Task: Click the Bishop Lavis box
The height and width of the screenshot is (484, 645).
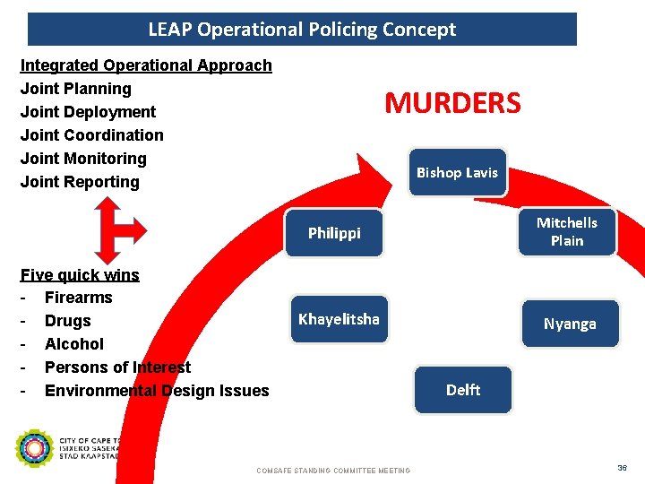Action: pos(457,172)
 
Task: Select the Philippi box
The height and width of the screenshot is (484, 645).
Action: pos(334,233)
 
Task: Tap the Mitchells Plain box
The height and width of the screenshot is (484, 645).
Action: pos(566,231)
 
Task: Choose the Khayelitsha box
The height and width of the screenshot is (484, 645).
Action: pos(339,319)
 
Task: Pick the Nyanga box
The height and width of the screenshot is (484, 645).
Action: pos(569,324)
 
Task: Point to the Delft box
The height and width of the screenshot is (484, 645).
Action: pos(463,390)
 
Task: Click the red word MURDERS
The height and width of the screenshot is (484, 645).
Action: pos(452,103)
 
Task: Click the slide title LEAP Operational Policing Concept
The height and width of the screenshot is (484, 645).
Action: pos(302,30)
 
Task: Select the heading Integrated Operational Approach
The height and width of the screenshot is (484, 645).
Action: pos(146,65)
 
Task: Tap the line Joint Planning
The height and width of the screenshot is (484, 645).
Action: pos(76,89)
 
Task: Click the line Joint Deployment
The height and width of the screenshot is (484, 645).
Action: pos(88,112)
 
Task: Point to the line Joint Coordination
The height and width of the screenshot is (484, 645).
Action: pos(92,135)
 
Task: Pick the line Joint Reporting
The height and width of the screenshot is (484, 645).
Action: pos(80,182)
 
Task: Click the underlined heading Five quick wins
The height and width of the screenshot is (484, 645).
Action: pos(80,275)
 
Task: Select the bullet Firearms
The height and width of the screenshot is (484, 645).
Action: pos(79,298)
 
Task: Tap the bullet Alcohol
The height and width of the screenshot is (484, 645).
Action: pos(74,344)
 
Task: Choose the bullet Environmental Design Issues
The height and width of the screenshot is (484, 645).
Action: pos(157,391)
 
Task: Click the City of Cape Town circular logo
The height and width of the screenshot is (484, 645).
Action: pos(35,449)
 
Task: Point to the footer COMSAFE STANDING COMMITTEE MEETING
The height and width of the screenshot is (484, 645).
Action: pos(333,471)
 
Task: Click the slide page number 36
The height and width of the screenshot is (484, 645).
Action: pos(622,468)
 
